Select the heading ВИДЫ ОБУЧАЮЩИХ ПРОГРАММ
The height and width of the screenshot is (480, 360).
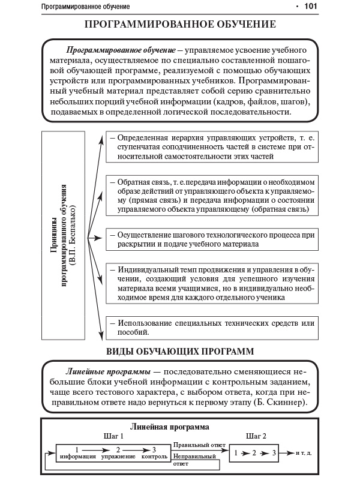tap(180, 350)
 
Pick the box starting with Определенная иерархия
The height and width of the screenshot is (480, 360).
tap(211, 147)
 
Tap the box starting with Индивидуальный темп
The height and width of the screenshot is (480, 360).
tap(211, 283)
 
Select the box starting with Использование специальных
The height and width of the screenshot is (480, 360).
tap(211, 327)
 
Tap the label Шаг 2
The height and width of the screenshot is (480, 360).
tap(256, 437)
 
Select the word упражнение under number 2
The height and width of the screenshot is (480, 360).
tap(118, 457)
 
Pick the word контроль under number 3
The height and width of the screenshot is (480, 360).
tap(154, 457)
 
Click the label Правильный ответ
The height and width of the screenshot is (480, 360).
tap(199, 445)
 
